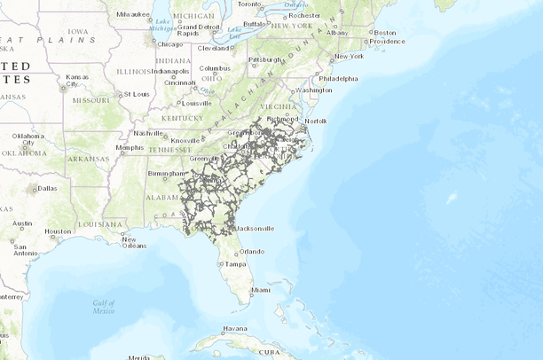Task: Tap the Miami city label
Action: tap(260, 290)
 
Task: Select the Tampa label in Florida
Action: tap(235, 264)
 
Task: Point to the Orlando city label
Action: tap(251, 251)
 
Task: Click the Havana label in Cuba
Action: tap(235, 328)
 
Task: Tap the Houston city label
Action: tap(58, 231)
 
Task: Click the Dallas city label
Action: tap(47, 188)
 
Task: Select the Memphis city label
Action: tap(129, 147)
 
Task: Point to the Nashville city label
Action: tap(147, 133)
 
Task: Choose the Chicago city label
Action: tap(169, 43)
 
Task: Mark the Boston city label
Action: tap(385, 33)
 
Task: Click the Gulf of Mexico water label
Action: tap(104, 307)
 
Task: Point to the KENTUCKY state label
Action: tap(182, 118)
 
